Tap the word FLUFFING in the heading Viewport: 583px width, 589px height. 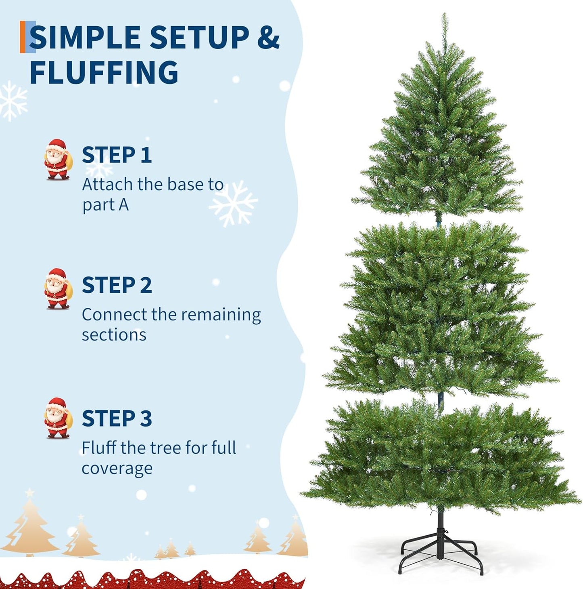click(x=104, y=73)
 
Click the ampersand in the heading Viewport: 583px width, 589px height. click(x=268, y=37)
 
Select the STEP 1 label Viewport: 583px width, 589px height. click(x=117, y=155)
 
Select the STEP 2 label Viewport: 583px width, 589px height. click(x=117, y=285)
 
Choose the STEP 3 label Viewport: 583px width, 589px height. click(x=117, y=419)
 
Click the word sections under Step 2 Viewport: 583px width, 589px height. click(x=114, y=335)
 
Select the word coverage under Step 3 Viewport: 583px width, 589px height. click(x=117, y=469)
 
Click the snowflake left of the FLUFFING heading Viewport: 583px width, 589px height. click(x=12, y=101)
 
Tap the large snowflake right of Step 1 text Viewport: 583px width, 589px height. click(x=233, y=203)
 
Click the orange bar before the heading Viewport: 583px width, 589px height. click(x=23, y=37)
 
